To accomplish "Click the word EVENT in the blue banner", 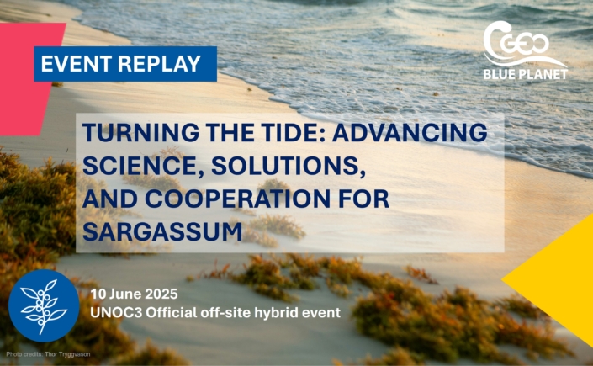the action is pyautogui.click(x=76, y=64).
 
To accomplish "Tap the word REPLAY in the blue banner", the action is pyautogui.click(x=159, y=64).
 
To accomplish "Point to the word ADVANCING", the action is pyautogui.click(x=410, y=132).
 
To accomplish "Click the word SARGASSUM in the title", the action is pyautogui.click(x=162, y=231).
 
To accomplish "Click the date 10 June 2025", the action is pyautogui.click(x=134, y=294).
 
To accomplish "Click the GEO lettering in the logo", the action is pyautogui.click(x=525, y=44).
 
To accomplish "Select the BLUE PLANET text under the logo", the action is pyautogui.click(x=526, y=74).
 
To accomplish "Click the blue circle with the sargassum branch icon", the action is pyautogui.click(x=44, y=305).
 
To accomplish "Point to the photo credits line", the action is pyautogui.click(x=48, y=355).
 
